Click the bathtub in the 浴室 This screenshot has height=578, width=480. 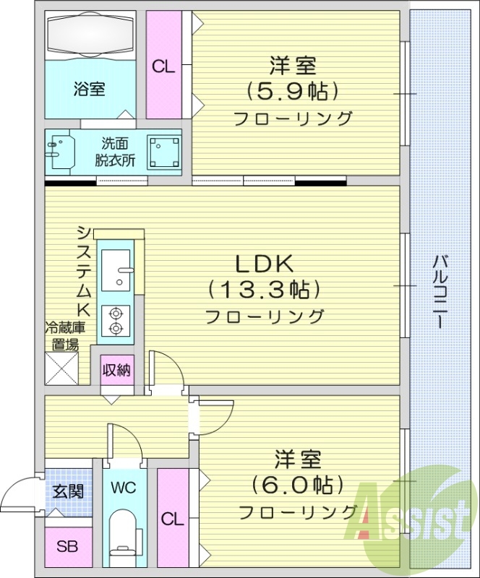pyautogui.click(x=90, y=35)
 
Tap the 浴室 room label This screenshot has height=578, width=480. pyautogui.click(x=90, y=90)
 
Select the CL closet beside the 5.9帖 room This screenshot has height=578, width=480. pyautogui.click(x=164, y=66)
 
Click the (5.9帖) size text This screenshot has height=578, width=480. pyautogui.click(x=293, y=92)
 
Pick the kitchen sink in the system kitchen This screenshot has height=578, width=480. pyautogui.click(x=115, y=270)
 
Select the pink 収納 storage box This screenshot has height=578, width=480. pyautogui.click(x=116, y=371)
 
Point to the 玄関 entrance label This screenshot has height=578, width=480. pyautogui.click(x=68, y=492)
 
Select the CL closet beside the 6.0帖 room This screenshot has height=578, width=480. pyautogui.click(x=172, y=519)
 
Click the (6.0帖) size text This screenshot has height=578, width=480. pyautogui.click(x=297, y=484)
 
